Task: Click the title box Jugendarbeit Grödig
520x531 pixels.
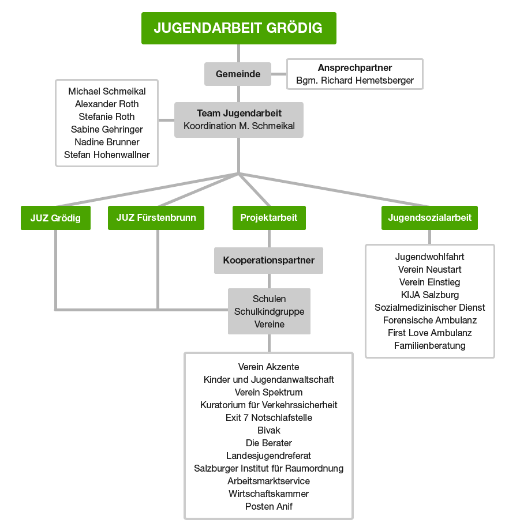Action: click(238, 28)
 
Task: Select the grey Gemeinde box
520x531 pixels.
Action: click(238, 74)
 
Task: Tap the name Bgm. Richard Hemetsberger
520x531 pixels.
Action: click(355, 81)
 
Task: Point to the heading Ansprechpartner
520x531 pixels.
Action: click(355, 68)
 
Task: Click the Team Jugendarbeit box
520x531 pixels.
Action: click(239, 120)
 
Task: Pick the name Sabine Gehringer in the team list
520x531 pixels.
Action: click(107, 129)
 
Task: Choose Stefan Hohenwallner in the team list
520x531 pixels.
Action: click(107, 155)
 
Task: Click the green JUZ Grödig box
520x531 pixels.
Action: click(55, 218)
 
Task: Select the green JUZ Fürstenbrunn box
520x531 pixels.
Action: click(156, 218)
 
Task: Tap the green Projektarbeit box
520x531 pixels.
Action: click(269, 218)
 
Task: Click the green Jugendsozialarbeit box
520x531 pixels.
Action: click(429, 218)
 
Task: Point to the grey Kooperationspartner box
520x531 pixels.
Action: click(269, 261)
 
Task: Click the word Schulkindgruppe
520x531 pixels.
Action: click(269, 312)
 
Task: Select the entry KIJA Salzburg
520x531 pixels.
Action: click(430, 295)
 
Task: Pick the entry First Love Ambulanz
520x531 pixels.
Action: click(430, 333)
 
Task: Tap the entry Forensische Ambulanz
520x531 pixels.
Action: click(430, 321)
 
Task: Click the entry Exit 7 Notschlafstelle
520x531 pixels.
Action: click(269, 417)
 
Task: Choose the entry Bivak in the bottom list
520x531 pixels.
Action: click(269, 430)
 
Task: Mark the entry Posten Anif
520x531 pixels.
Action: click(269, 506)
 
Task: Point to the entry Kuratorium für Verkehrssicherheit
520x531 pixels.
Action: click(269, 405)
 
